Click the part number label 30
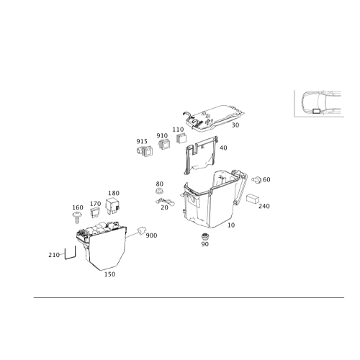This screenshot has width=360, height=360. [x=235, y=125]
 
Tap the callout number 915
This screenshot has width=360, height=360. [x=142, y=141]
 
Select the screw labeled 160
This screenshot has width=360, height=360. [x=77, y=217]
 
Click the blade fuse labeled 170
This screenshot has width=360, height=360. [x=94, y=212]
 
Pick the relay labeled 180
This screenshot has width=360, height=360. [x=112, y=205]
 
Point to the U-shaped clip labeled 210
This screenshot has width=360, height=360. [x=70, y=253]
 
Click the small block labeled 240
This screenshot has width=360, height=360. [x=253, y=199]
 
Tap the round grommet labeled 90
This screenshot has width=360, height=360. [x=204, y=236]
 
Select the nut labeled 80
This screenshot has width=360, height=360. [x=159, y=192]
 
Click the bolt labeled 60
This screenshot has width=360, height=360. [x=256, y=179]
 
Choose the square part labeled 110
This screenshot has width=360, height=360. [x=181, y=138]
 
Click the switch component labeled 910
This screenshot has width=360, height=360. [x=164, y=144]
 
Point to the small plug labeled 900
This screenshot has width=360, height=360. [x=141, y=230]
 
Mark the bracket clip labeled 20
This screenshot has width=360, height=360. [x=165, y=202]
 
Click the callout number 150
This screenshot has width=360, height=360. [x=109, y=274]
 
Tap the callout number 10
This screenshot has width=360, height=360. [x=231, y=225]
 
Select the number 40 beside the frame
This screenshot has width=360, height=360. [x=223, y=148]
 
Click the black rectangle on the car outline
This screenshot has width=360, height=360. [x=316, y=111]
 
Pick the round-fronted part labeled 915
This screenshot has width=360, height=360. [x=145, y=151]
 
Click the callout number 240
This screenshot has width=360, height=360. [x=264, y=206]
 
